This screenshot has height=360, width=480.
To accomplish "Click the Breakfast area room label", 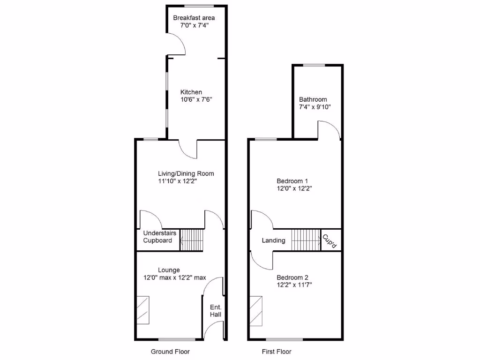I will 194,18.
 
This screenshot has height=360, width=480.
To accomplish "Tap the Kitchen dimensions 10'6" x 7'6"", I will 197,100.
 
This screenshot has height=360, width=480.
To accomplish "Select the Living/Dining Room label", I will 186,173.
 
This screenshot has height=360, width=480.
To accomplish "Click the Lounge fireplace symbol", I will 143,310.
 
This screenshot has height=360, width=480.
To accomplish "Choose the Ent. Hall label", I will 216,311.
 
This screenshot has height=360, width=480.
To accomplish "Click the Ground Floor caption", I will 170,352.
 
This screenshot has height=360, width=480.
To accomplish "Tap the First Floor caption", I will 277,352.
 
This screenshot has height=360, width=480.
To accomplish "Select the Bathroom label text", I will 313,99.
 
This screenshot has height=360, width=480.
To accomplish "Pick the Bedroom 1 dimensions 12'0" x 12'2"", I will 294,189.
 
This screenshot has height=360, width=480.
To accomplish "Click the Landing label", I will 273,240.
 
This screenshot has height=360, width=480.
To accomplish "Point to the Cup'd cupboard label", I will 330,240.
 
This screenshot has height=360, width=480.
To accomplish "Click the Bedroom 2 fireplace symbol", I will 256,310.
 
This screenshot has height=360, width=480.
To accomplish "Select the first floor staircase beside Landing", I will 306,240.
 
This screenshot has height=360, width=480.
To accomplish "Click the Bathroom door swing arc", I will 330,128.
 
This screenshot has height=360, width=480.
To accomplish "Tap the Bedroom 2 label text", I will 292,277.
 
